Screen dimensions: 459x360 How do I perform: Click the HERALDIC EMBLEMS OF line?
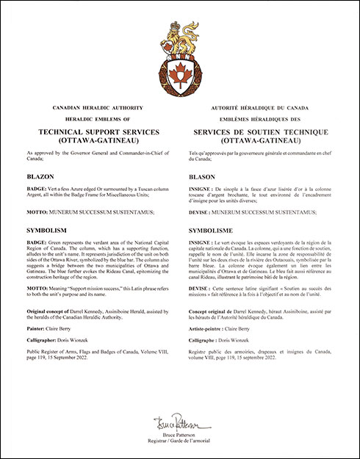click(x=96, y=118)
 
